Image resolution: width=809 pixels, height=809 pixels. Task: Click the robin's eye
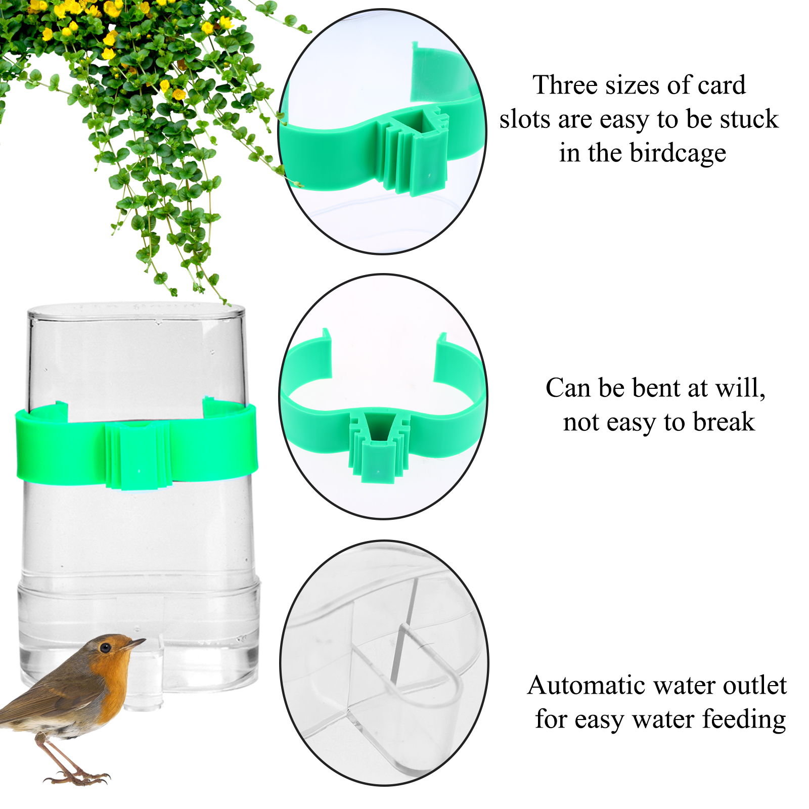(x=105, y=648)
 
